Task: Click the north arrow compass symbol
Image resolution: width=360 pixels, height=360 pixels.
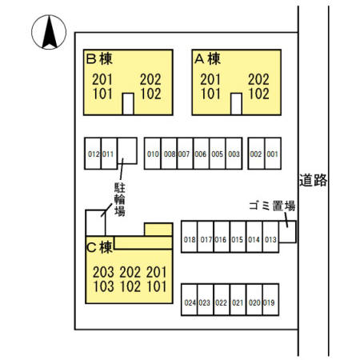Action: (49, 32)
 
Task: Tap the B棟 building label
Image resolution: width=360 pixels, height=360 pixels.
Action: (99, 58)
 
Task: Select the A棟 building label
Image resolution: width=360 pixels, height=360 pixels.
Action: (207, 58)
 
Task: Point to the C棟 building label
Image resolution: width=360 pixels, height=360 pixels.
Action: (99, 247)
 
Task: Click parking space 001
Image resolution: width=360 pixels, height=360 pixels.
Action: (273, 154)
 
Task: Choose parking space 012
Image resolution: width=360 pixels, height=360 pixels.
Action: (93, 154)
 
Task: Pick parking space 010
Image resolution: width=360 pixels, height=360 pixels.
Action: (153, 154)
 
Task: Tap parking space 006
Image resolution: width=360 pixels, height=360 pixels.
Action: (201, 154)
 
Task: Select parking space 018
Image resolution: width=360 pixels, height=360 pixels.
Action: (190, 237)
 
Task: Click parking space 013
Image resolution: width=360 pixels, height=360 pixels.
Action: (270, 237)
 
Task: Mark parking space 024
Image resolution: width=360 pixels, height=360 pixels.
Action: (190, 299)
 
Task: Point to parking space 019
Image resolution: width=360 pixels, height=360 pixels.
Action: (270, 299)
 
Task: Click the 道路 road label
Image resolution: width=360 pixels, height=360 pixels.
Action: (313, 180)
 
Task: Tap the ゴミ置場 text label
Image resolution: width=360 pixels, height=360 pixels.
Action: (272, 206)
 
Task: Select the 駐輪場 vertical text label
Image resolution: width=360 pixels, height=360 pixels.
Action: (120, 199)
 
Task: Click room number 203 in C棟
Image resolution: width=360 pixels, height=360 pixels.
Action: (103, 272)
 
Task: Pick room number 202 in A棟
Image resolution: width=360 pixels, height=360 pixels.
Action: (258, 79)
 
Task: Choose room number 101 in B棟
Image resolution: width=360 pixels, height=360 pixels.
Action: (102, 94)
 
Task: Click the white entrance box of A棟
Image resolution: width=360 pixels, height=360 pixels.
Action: (236, 104)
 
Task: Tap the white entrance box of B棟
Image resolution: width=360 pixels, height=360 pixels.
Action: (128, 104)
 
